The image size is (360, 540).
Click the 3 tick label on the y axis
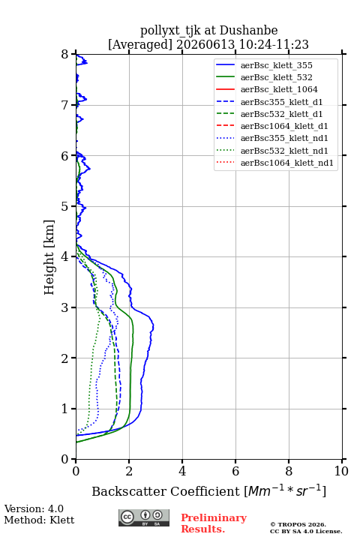point(65,307)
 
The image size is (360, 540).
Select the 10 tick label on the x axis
point(341,471)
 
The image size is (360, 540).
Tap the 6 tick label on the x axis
point(235,471)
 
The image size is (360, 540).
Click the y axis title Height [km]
point(49,257)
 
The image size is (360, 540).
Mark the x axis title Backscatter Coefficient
point(166,491)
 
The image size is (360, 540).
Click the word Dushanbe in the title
point(249,31)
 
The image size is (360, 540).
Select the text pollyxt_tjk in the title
point(170,31)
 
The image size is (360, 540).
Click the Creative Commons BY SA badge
point(144,517)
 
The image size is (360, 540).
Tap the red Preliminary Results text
point(214,523)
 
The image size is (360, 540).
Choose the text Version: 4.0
point(34,508)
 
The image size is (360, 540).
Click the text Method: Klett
point(39,520)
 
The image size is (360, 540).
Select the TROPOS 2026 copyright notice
point(298,524)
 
